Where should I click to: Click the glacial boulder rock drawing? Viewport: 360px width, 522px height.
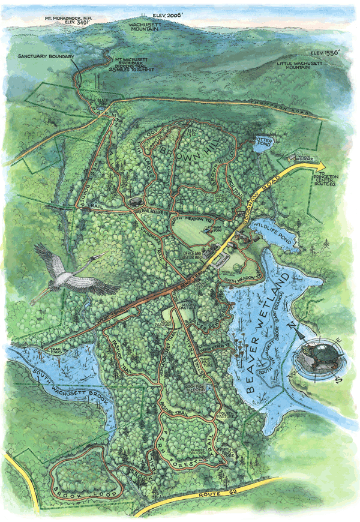(x=134, y=202)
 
